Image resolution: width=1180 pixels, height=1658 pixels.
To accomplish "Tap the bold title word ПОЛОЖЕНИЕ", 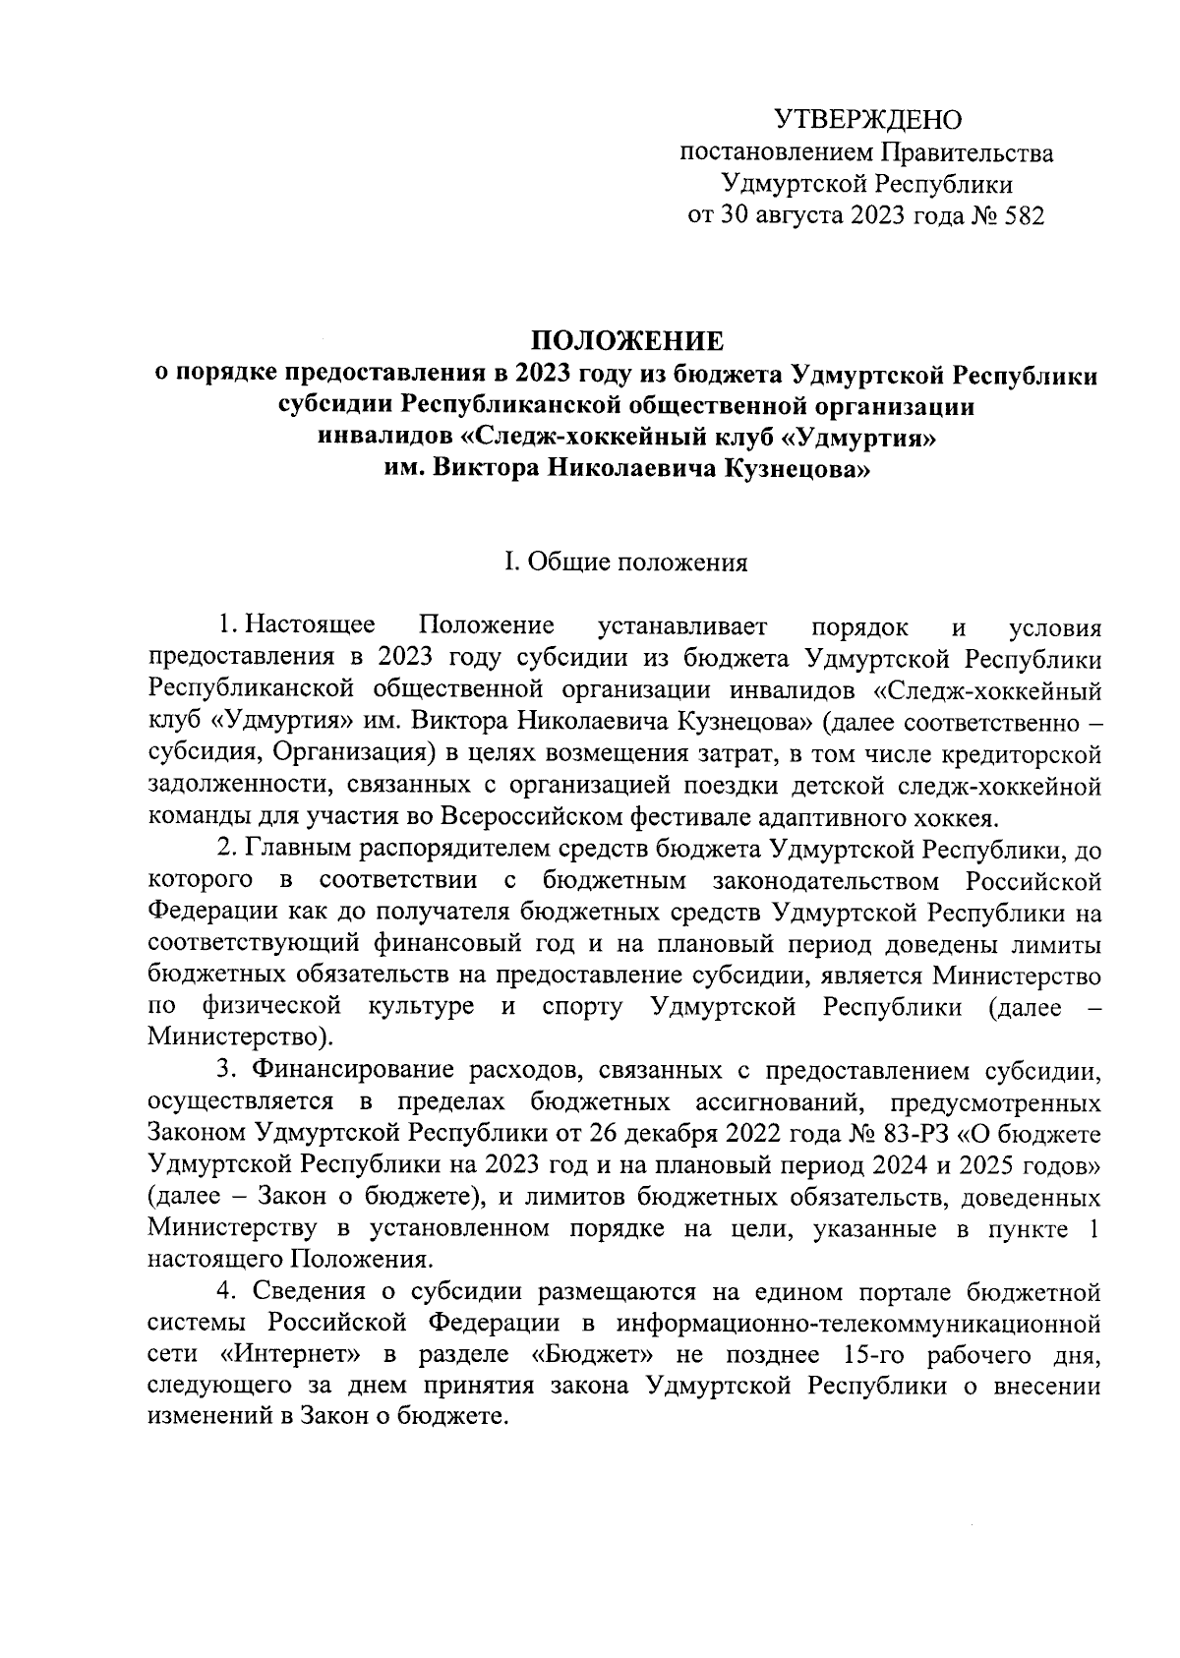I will tap(627, 341).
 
